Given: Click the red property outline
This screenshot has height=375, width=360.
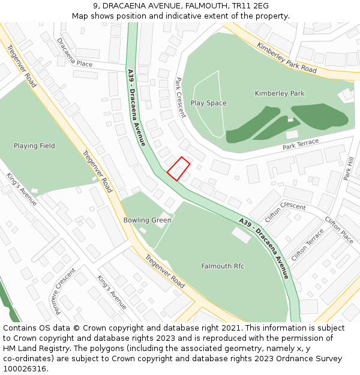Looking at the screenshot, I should (x=178, y=169).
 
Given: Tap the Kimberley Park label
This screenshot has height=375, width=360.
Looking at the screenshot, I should (x=279, y=94).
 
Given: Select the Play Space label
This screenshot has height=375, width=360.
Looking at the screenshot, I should (x=208, y=103).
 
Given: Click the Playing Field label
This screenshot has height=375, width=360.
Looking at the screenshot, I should (x=34, y=146).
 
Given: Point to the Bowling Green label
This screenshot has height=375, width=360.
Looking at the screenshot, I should (x=147, y=220).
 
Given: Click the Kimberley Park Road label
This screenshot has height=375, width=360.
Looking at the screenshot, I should (x=286, y=58).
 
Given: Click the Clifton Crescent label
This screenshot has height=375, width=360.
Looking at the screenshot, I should (x=285, y=213).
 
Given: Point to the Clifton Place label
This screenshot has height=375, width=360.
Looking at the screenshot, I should (x=338, y=229).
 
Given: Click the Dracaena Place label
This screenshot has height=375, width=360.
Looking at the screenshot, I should (x=74, y=53).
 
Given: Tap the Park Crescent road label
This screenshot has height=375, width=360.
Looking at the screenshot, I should (x=180, y=98).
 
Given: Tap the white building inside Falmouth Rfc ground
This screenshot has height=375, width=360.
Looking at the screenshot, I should (x=241, y=236).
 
